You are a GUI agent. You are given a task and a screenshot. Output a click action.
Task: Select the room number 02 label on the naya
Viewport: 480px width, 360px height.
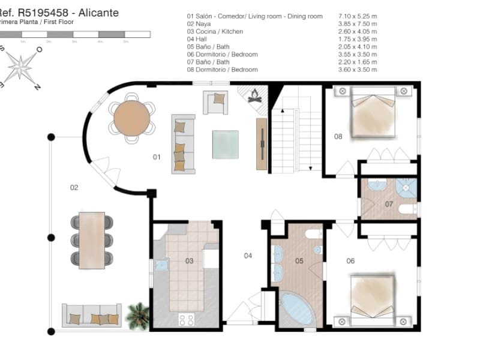click(74, 188)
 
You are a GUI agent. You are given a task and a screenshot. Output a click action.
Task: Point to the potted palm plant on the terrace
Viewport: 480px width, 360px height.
click(139, 314)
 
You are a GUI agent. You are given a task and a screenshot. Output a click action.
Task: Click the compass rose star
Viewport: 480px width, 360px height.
click(21, 66)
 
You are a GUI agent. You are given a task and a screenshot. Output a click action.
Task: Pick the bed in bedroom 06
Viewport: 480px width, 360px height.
click(373, 298)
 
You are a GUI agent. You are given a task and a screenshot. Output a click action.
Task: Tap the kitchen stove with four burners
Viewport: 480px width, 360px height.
click(187, 320)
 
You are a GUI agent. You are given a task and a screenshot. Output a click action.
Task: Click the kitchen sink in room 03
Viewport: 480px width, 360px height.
click(160, 265)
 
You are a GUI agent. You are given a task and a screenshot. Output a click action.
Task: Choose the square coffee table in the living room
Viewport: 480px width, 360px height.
click(225, 145)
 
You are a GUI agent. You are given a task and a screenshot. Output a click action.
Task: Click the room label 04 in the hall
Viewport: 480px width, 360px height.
click(248, 256)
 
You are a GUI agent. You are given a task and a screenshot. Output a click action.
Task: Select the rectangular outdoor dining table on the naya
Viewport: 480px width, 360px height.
click(92, 239)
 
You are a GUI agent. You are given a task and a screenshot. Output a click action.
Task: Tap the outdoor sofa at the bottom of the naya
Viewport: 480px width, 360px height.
click(92, 316)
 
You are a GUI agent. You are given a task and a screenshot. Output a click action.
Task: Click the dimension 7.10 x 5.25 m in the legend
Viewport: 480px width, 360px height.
click(359, 16)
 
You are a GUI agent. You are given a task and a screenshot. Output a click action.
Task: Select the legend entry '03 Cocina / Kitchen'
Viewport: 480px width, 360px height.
click(215, 31)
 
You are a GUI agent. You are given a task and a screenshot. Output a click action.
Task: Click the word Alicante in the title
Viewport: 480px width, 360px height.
click(99, 13)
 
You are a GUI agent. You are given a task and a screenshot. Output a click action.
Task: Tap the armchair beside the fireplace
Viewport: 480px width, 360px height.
click(215, 101)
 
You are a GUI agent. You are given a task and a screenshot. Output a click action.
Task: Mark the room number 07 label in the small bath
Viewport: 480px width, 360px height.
click(389, 205)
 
